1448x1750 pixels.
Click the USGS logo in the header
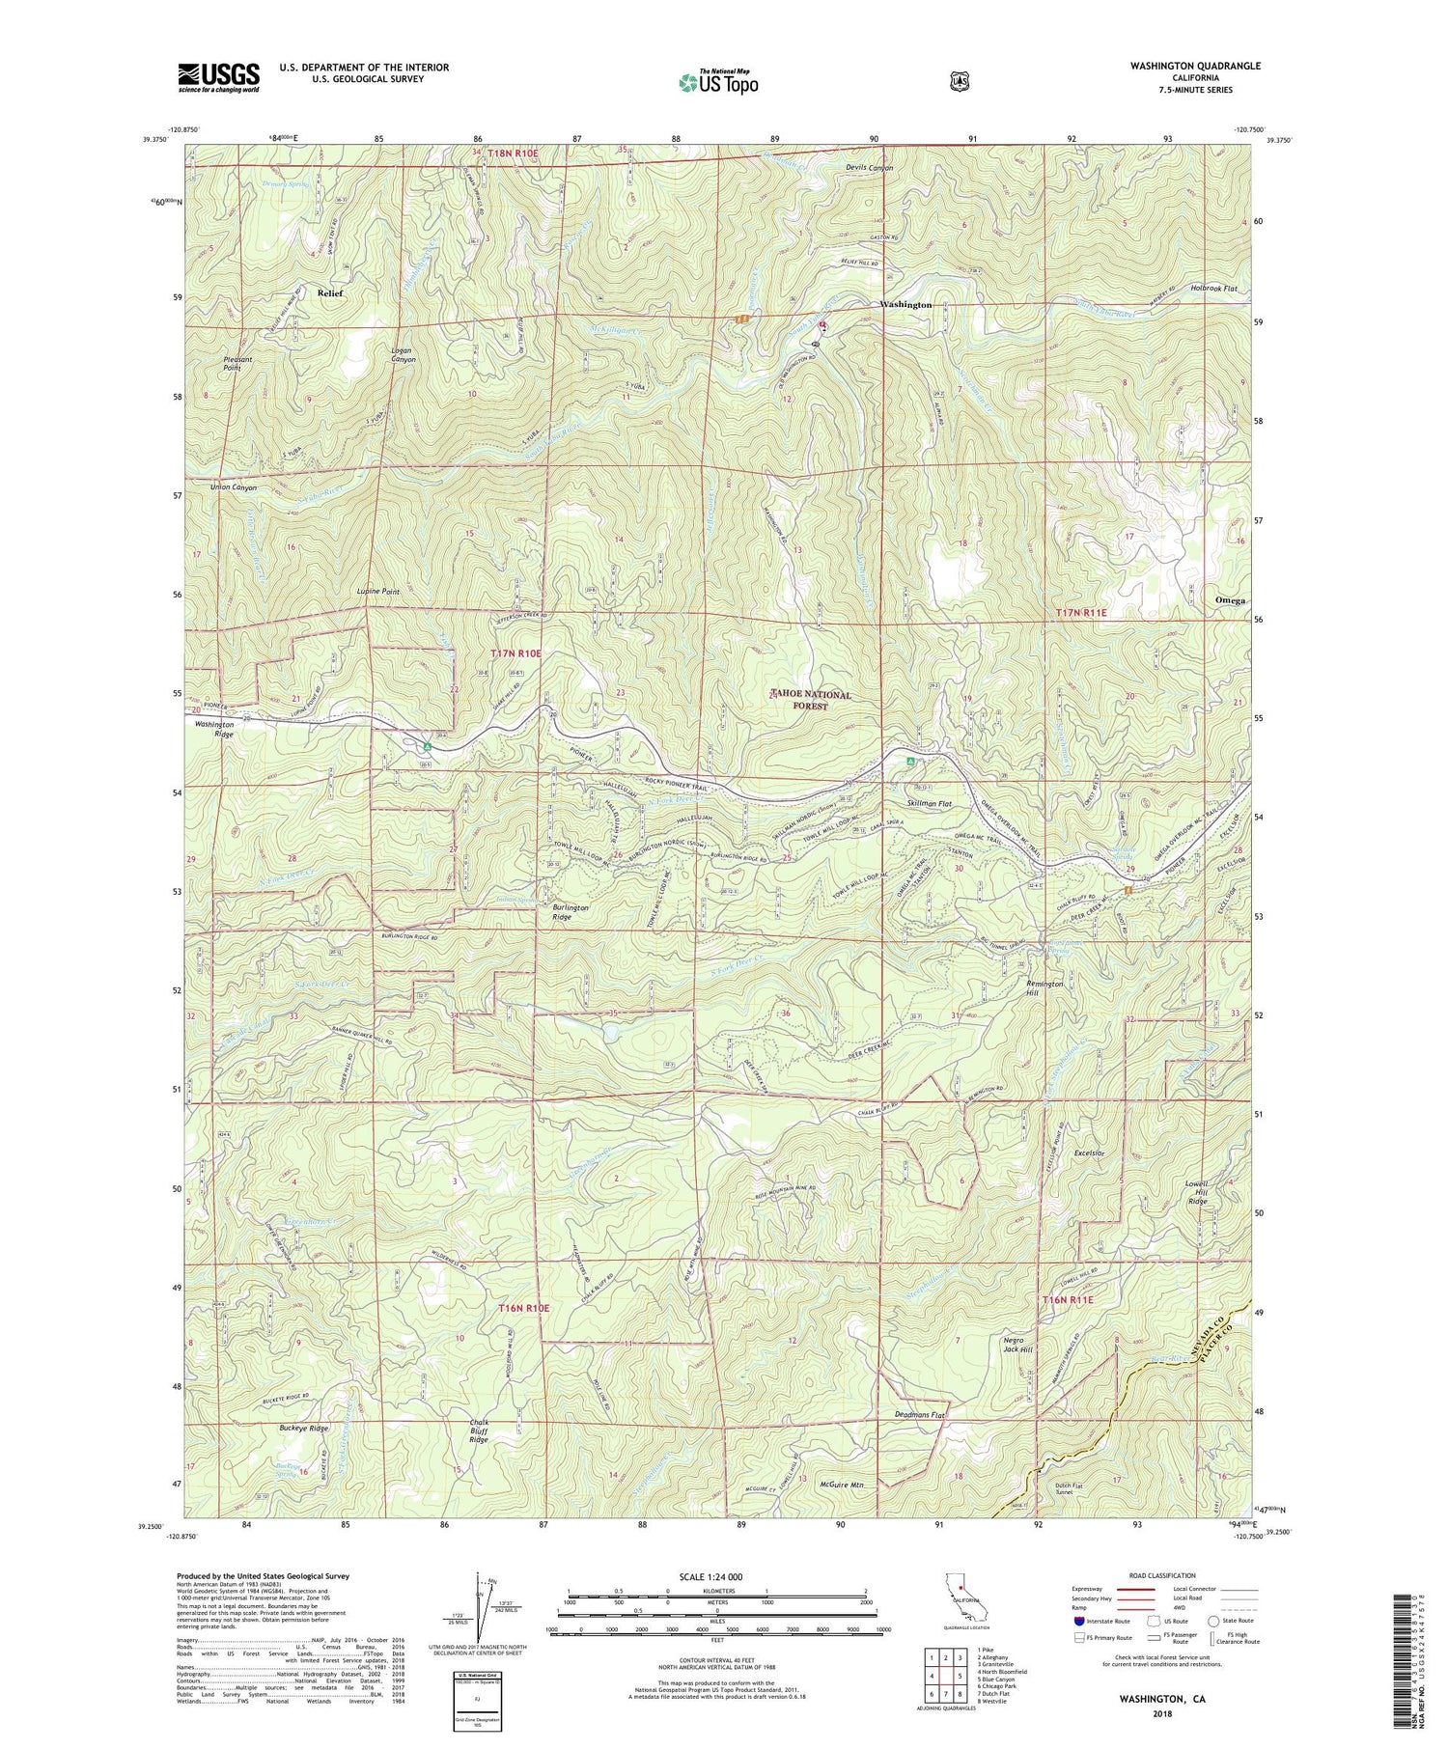click(218, 77)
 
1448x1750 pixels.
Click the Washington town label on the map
click(905, 304)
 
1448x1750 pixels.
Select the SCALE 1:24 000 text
click(716, 1576)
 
